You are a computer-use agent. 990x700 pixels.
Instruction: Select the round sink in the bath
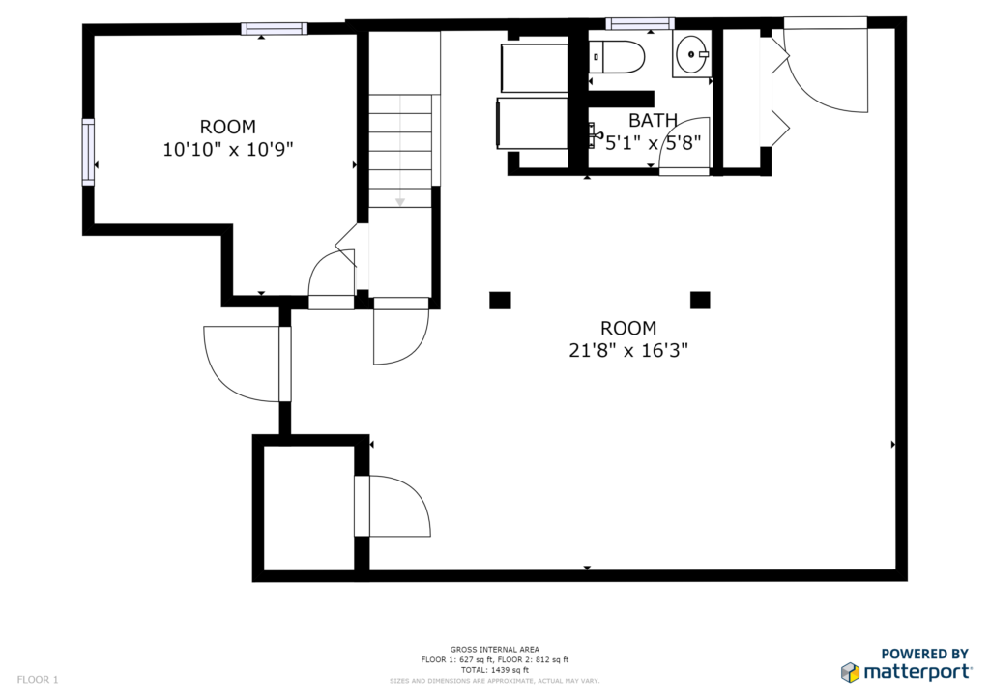point(692,54)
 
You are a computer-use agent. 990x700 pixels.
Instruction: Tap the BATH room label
point(653,119)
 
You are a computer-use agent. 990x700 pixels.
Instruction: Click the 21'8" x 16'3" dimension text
point(628,350)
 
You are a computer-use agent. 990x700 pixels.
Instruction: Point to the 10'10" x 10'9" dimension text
point(228,149)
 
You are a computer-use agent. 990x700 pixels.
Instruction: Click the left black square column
point(500,300)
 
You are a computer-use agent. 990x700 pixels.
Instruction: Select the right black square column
point(700,300)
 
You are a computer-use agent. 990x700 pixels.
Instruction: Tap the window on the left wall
point(88,152)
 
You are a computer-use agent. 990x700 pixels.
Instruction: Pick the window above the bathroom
point(640,24)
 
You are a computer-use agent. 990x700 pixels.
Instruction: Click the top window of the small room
point(274,28)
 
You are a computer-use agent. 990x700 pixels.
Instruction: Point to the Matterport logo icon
point(850,672)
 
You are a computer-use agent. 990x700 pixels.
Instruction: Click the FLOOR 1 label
point(38,680)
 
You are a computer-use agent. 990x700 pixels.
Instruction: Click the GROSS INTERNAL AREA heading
point(494,650)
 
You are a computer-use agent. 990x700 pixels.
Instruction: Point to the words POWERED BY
point(925,654)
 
